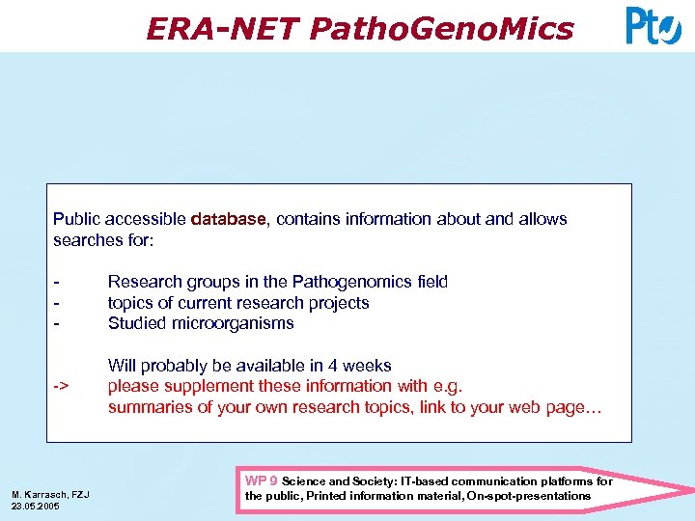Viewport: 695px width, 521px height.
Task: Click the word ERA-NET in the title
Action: pos(222,29)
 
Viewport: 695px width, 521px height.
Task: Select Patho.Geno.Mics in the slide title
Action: pos(441,29)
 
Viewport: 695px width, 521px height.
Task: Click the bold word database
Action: pos(228,219)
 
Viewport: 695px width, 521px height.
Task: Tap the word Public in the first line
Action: pos(75,219)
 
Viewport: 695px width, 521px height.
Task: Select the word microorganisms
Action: pos(232,323)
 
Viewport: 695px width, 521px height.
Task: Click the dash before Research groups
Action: pos(59,282)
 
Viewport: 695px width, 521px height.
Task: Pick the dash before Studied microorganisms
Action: pos(59,323)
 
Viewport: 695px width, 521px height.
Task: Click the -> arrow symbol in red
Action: pos(61,387)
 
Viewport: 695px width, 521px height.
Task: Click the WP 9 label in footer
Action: pos(262,480)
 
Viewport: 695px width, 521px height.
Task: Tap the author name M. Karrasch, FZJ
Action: pos(50,495)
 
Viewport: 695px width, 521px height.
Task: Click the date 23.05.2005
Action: pos(36,507)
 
